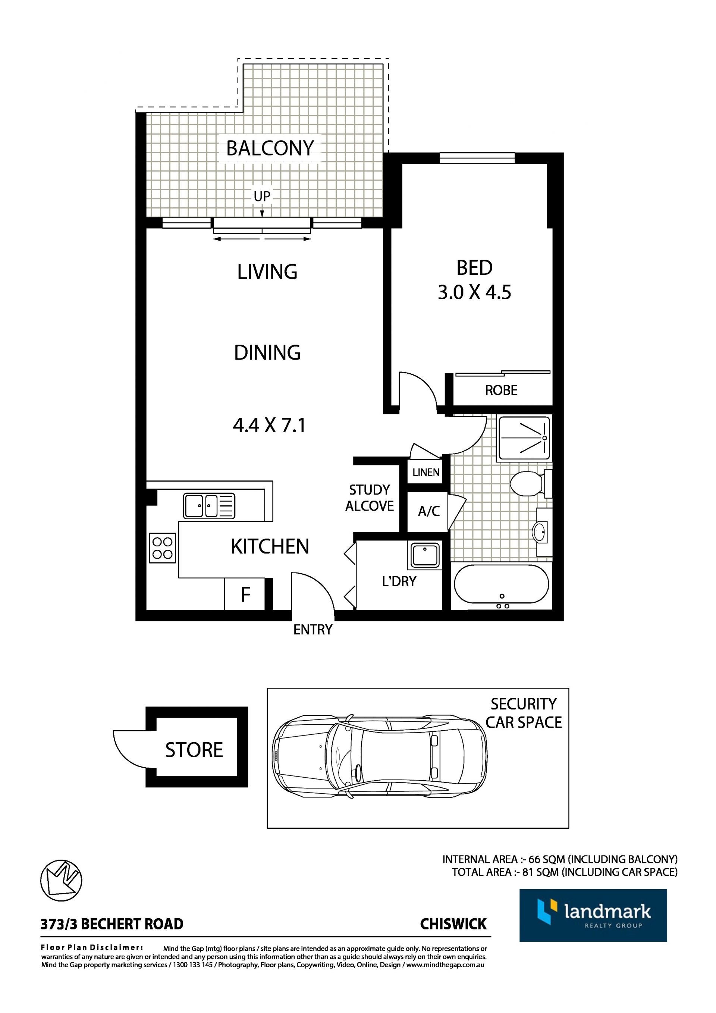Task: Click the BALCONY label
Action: (270, 148)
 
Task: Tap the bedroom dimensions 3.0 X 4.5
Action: (474, 292)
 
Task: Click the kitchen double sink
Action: (209, 506)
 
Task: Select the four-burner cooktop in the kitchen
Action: (162, 548)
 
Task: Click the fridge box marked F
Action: (245, 594)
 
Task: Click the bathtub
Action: (502, 585)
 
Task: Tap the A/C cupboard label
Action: (429, 511)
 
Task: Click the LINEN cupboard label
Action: (426, 472)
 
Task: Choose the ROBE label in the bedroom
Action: (501, 390)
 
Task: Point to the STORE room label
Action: (194, 750)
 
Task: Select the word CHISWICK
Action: (453, 924)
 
